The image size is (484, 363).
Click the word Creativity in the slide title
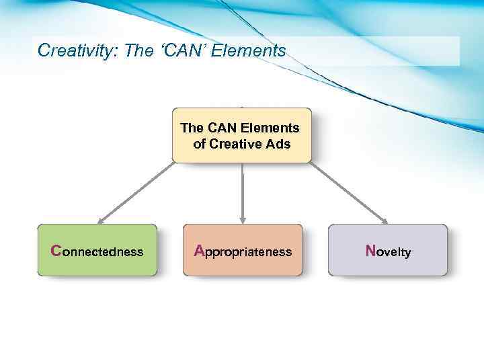coord(75,51)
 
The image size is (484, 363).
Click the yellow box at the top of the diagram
coord(242,135)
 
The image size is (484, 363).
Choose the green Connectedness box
coord(97,250)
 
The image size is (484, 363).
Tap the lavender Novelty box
coord(387,250)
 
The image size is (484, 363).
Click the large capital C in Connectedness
coord(56,251)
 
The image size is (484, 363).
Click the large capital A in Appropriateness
coord(199,251)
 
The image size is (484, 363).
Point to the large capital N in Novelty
coord(370,251)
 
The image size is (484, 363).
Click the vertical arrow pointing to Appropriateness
coord(242,192)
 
